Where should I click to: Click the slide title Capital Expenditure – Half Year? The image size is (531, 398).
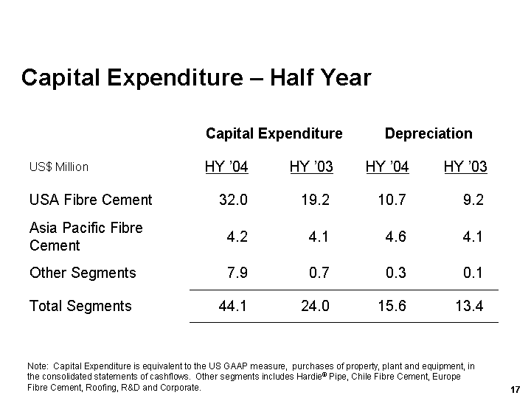point(196,77)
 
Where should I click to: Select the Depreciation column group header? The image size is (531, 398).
point(428,133)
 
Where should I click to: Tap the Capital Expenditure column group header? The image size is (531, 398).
point(274,133)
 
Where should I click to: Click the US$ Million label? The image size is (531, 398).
point(58,167)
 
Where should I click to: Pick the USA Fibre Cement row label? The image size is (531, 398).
point(91,200)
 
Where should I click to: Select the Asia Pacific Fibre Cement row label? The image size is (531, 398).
point(86,237)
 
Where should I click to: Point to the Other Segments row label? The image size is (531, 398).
point(83,273)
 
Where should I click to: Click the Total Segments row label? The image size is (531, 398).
point(80,306)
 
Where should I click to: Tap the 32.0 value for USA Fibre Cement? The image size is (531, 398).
point(233,200)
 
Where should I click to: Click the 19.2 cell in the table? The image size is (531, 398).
point(315,200)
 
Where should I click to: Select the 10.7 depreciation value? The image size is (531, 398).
point(391,200)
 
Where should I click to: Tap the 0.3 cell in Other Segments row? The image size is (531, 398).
point(395,273)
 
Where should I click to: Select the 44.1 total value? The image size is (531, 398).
point(233,306)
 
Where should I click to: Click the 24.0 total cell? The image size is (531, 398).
point(315,306)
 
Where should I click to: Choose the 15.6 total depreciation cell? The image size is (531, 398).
point(391,306)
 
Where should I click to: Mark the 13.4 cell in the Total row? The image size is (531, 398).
point(469,306)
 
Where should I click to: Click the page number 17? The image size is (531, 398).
point(516,388)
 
